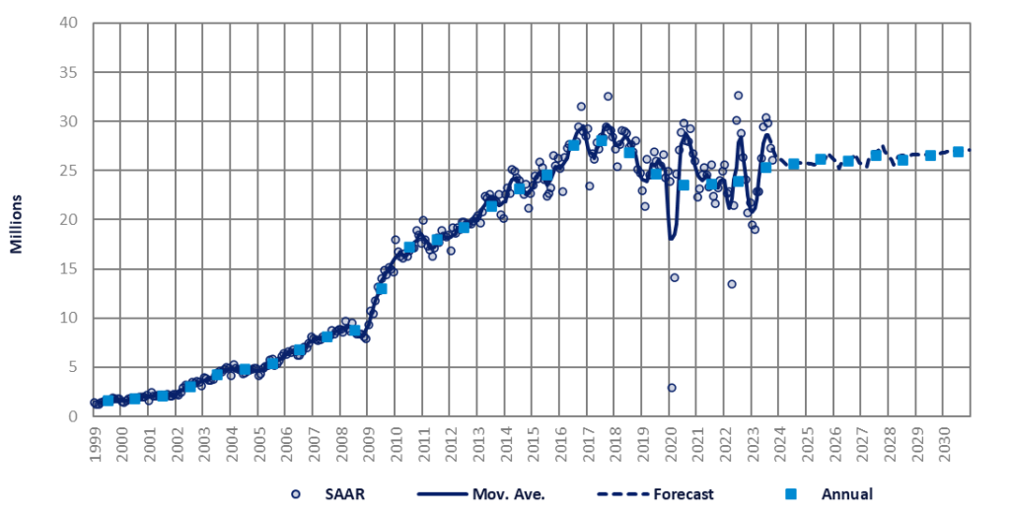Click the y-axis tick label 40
[x=69, y=23]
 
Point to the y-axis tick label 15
[x=69, y=268]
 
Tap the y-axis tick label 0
[x=73, y=416]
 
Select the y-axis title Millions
[x=17, y=219]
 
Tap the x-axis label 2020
[x=670, y=441]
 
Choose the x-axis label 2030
[x=944, y=441]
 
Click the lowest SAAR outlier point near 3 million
[x=672, y=388]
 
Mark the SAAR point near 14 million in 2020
[x=675, y=277]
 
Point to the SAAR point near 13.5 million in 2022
[x=732, y=284]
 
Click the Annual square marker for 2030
[x=958, y=152]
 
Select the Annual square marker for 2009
[x=382, y=288]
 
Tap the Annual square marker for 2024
[x=793, y=164]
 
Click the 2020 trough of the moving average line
[x=672, y=238]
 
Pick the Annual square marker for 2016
[x=573, y=145]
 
